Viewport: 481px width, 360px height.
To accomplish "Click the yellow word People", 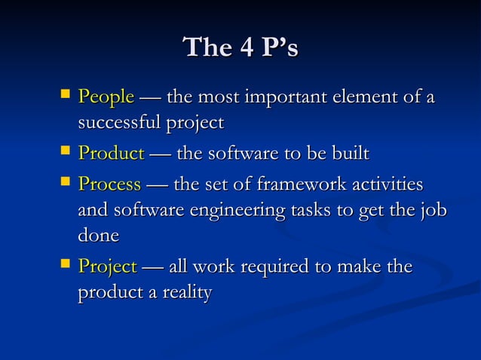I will tap(106, 98).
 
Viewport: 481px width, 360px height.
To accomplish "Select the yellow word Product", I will tap(111, 154).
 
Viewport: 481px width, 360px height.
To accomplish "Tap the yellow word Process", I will tap(109, 185).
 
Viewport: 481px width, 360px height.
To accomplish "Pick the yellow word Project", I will tap(107, 267).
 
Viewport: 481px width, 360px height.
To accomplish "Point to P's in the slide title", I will tap(278, 48).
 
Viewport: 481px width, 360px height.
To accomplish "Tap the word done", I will tap(98, 236).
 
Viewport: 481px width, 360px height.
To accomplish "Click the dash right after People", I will tap(150, 99).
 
